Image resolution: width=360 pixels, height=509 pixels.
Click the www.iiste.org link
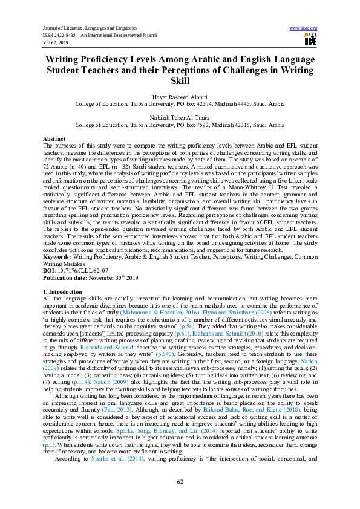tap(304, 28)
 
